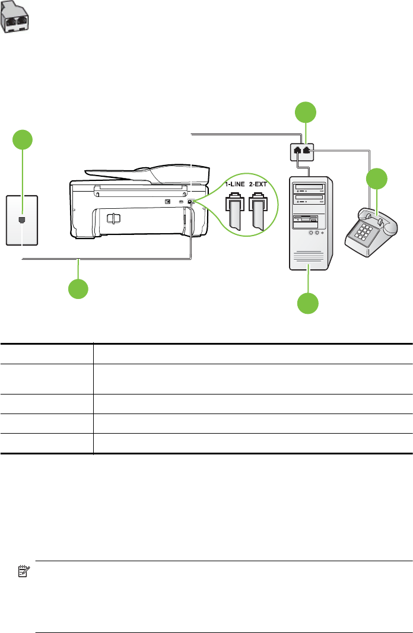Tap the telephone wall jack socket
point(23,220)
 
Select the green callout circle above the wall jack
point(23,141)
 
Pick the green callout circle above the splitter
point(306,112)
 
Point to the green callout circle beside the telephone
point(376,179)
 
